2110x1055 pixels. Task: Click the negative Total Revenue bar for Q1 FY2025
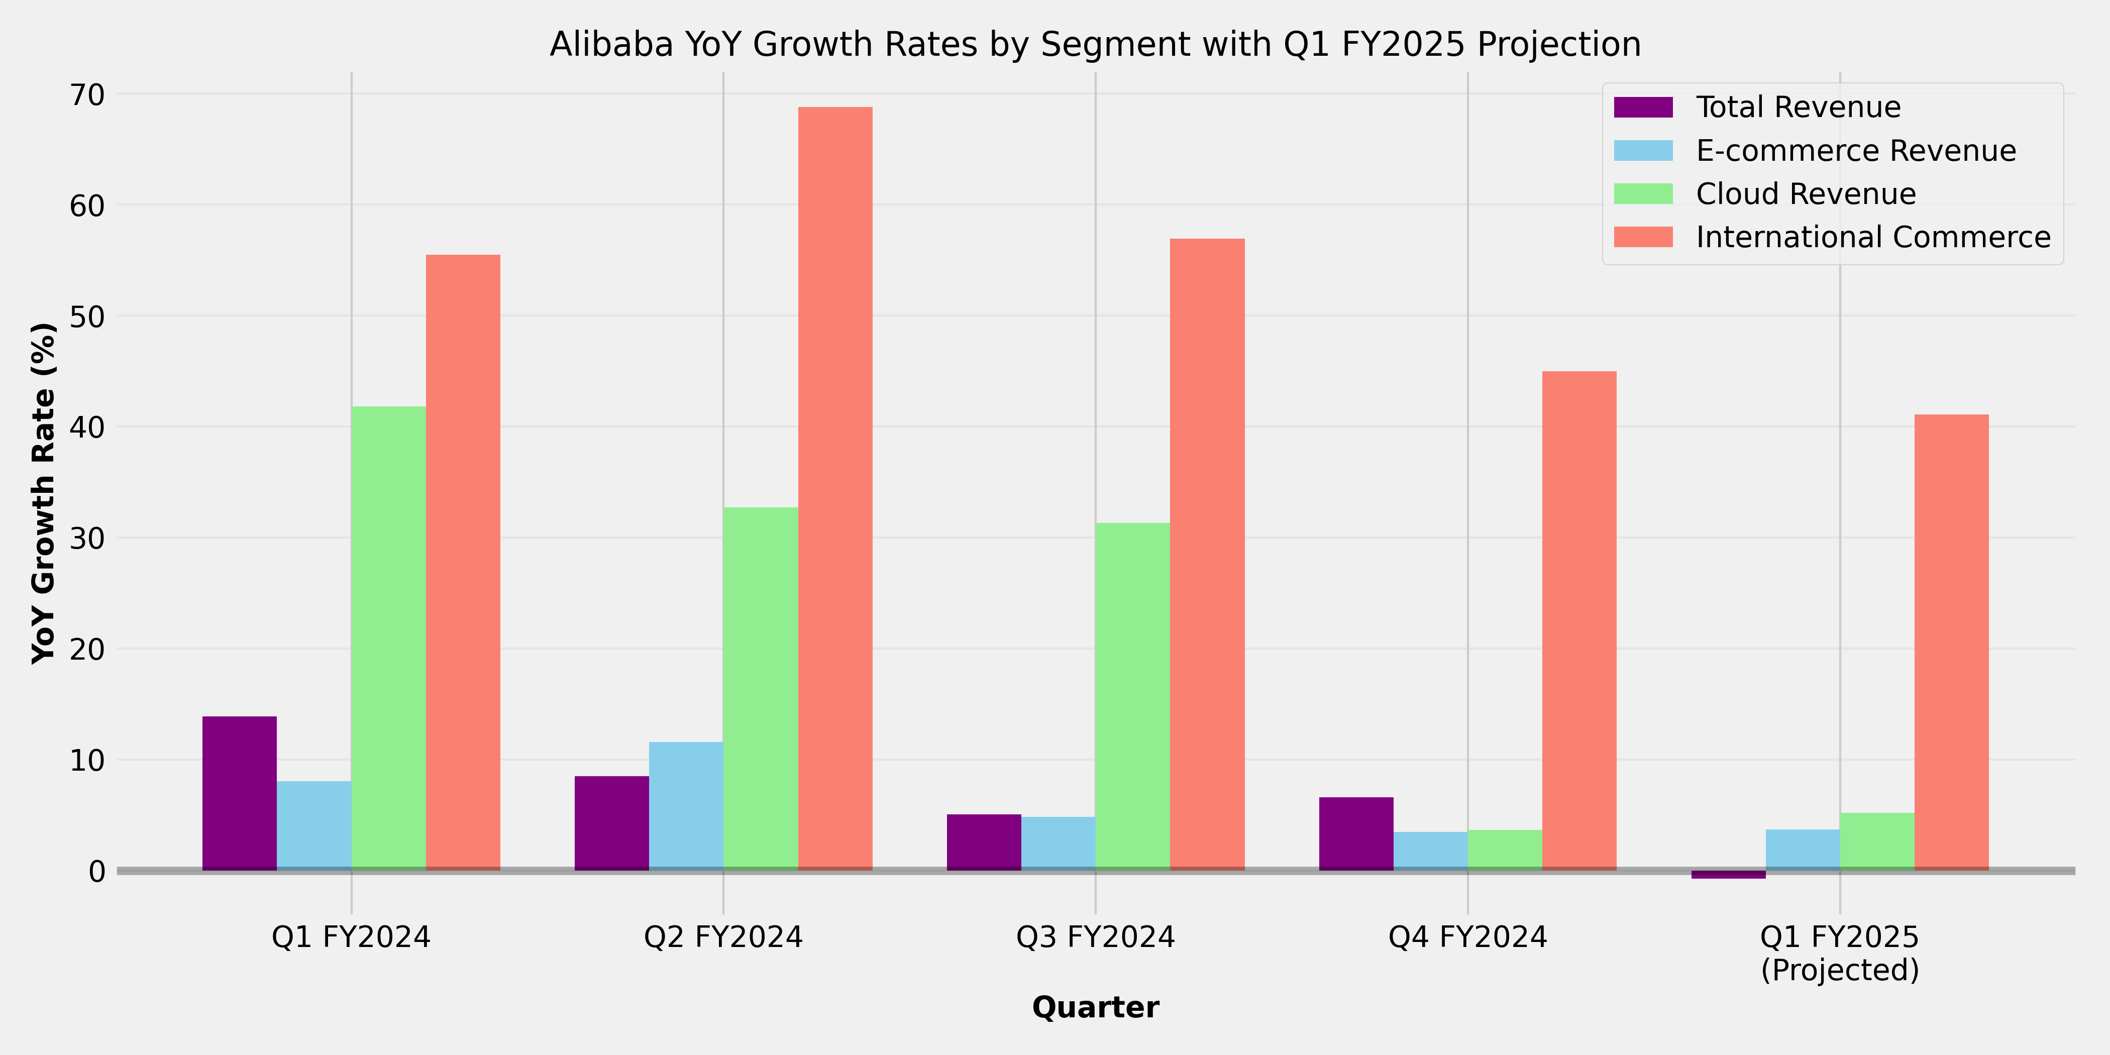pyautogui.click(x=1728, y=875)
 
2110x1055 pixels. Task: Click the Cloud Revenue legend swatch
pyautogui.click(x=1643, y=194)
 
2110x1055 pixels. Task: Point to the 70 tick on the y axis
pyautogui.click(x=87, y=95)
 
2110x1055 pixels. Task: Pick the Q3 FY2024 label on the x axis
pyautogui.click(x=1095, y=937)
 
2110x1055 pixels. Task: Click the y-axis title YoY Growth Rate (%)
pyautogui.click(x=43, y=493)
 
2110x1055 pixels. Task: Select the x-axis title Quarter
pyautogui.click(x=1095, y=1007)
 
